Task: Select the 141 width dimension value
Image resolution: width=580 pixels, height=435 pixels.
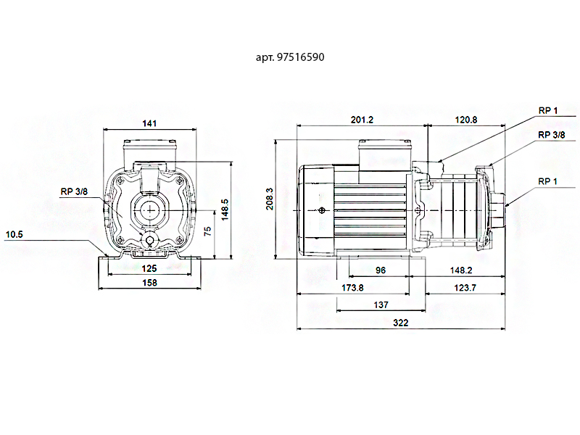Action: click(149, 124)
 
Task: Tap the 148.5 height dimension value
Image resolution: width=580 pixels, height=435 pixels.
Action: click(225, 209)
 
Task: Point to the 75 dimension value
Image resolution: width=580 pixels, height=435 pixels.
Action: click(207, 231)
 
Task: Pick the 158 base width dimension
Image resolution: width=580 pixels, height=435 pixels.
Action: click(149, 282)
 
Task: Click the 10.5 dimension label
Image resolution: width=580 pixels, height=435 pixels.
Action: click(14, 234)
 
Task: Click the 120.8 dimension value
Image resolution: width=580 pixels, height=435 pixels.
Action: click(465, 120)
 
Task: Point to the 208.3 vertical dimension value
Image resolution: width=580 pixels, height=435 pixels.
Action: click(270, 199)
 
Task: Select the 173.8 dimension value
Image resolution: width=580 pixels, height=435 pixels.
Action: click(352, 288)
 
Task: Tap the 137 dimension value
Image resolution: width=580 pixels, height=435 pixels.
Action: click(381, 305)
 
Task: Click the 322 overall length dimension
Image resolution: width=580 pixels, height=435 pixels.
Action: click(401, 323)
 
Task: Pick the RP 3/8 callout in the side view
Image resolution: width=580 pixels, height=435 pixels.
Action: click(551, 135)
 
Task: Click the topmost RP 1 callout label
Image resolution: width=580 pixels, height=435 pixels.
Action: click(547, 110)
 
